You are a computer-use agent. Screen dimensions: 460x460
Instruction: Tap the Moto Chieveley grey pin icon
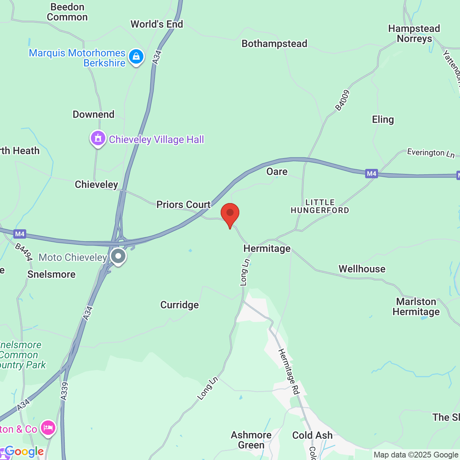(x=118, y=257)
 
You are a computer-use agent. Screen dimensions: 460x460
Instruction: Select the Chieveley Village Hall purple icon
(x=98, y=138)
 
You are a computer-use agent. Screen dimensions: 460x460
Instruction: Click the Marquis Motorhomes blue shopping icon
(x=136, y=57)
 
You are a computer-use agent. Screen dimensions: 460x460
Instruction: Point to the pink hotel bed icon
(x=48, y=428)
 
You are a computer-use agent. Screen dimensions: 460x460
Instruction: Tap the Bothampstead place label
(x=274, y=44)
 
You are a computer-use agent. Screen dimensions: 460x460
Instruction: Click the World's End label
(x=157, y=24)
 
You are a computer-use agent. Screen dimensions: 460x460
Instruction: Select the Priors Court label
(x=183, y=204)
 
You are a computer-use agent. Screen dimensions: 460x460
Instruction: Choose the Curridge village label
(x=179, y=305)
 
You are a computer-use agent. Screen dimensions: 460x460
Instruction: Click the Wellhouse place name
(x=362, y=269)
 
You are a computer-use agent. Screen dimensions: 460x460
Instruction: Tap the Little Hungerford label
(x=320, y=206)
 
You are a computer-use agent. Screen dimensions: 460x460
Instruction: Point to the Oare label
(x=277, y=171)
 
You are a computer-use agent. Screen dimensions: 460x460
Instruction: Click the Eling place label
(x=383, y=119)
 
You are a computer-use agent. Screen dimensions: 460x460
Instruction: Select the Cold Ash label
(x=312, y=435)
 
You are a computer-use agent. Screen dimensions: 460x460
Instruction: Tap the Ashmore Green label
(x=251, y=440)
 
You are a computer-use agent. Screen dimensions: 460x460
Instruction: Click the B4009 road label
(x=342, y=100)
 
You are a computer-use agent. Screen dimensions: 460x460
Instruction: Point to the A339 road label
(x=64, y=391)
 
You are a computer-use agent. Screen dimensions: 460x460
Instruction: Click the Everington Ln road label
(x=431, y=153)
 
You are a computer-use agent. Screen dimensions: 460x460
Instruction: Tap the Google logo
(x=24, y=451)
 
